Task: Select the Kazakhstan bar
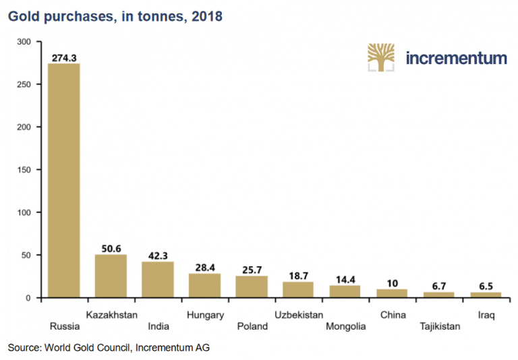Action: (x=111, y=276)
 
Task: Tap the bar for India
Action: (x=157, y=280)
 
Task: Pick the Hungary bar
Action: (x=204, y=286)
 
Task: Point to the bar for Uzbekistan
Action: (x=298, y=290)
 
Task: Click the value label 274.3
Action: (x=63, y=58)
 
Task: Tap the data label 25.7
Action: (x=251, y=270)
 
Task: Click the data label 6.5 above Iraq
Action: (x=486, y=286)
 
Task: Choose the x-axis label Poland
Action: (x=252, y=326)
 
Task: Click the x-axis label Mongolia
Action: (x=345, y=326)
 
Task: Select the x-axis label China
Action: (x=393, y=314)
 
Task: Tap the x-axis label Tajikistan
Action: (x=439, y=326)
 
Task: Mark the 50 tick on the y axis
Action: (x=27, y=256)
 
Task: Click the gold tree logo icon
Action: (x=381, y=58)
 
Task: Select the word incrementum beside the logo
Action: (x=456, y=58)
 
